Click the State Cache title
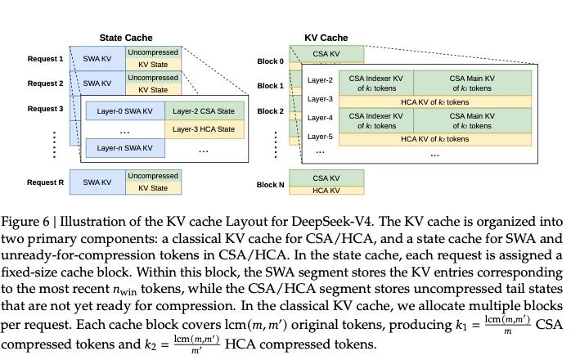click(125, 37)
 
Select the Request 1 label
click(45, 59)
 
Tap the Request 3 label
click(45, 108)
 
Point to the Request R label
click(45, 182)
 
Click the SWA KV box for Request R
click(97, 182)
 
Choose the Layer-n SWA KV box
click(124, 147)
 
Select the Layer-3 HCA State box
click(204, 128)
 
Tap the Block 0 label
click(270, 61)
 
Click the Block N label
click(270, 185)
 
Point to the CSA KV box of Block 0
click(326, 53)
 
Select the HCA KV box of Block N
click(326, 190)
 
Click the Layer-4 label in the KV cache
click(321, 118)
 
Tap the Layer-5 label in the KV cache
click(321, 137)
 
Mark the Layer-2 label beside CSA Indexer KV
click(321, 79)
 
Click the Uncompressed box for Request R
click(152, 176)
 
